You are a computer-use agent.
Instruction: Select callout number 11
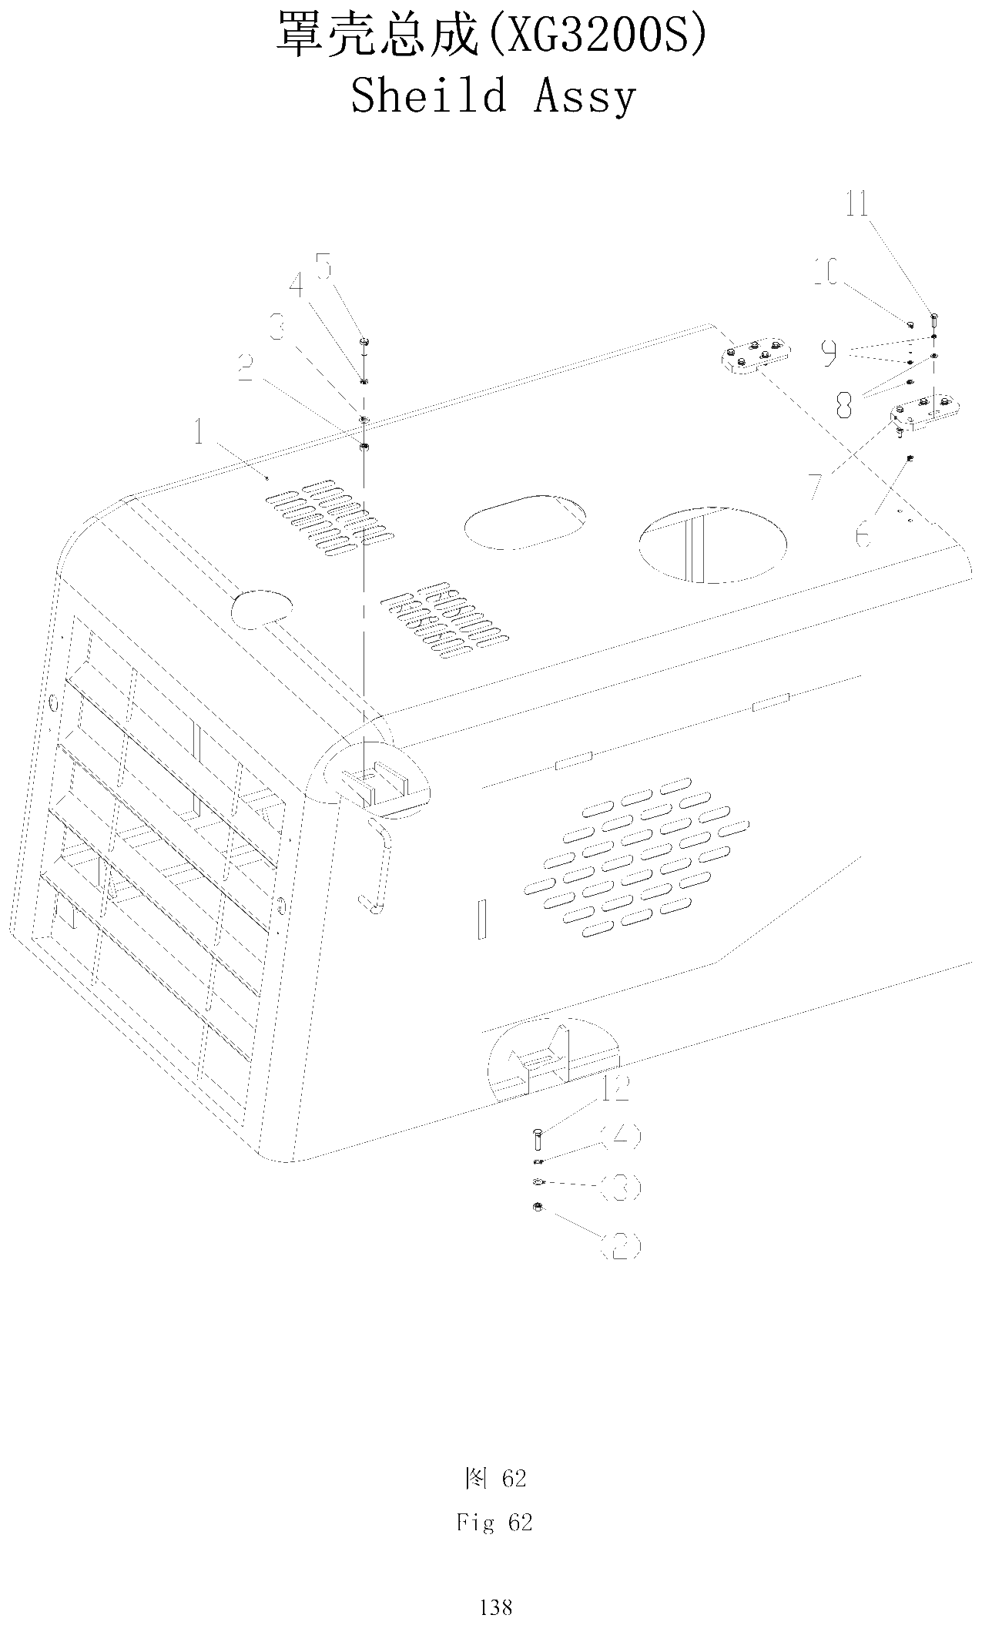pos(856,204)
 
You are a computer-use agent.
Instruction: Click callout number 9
pos(829,353)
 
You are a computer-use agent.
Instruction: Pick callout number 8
pos(845,403)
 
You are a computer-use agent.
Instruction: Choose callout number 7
pos(815,487)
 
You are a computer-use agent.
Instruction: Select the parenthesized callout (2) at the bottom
pos(620,1245)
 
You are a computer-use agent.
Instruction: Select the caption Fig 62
pos(494,1523)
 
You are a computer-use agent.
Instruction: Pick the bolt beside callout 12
pos(537,1138)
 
